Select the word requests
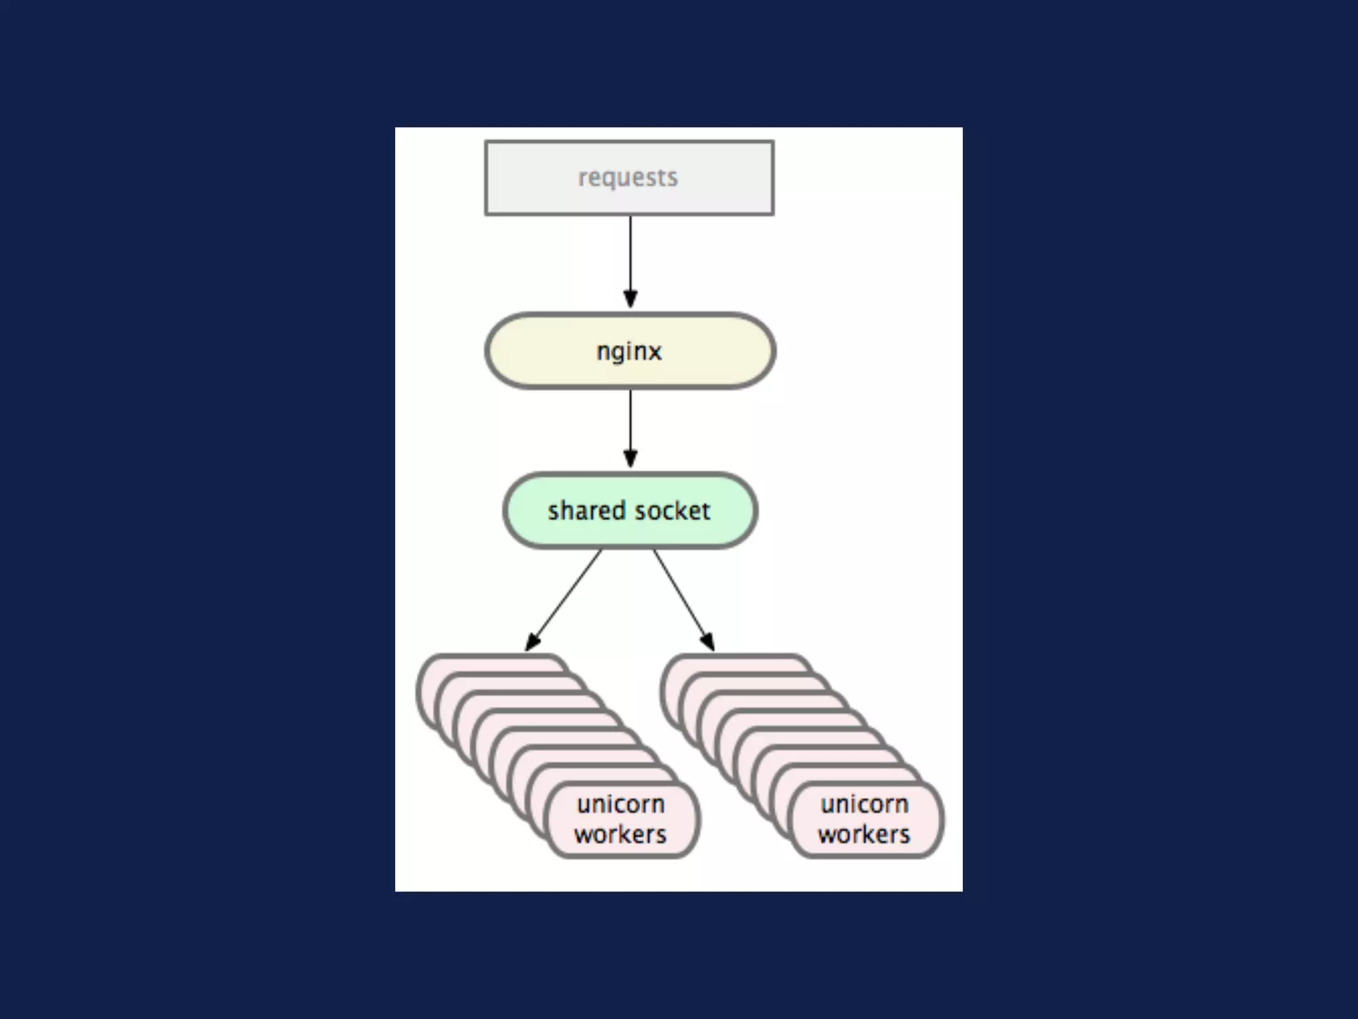click(x=628, y=178)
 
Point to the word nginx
click(x=629, y=351)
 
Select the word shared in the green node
click(x=587, y=511)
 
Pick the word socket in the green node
click(x=671, y=511)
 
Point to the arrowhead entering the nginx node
click(x=631, y=299)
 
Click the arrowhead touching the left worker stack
click(x=532, y=642)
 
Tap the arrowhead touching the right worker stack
click(x=708, y=642)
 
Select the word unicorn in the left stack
click(x=621, y=804)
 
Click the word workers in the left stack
click(x=621, y=835)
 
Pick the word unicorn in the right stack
click(x=865, y=804)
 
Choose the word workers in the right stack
click(x=865, y=835)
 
